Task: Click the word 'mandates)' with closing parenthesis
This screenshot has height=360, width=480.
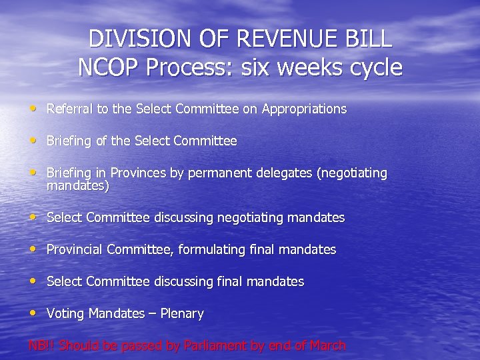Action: point(77,187)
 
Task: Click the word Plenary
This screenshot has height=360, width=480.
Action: point(180,313)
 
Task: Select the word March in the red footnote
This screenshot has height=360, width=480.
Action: point(327,345)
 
